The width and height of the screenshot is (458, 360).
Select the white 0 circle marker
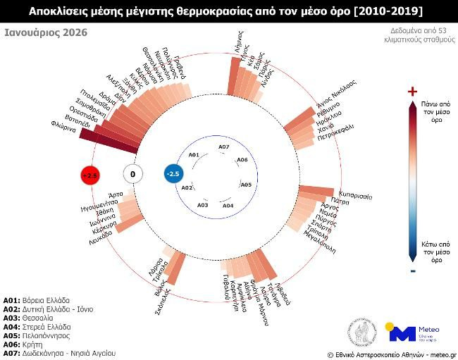point(132,174)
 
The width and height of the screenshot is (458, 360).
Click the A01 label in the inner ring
point(194,154)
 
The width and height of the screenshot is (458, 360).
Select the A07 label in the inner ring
point(223,147)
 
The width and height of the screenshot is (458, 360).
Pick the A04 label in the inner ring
point(228,205)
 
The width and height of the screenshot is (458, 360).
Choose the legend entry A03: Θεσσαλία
point(35,318)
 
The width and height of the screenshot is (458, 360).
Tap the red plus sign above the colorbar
point(413,91)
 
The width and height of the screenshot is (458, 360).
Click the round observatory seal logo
point(361,330)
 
